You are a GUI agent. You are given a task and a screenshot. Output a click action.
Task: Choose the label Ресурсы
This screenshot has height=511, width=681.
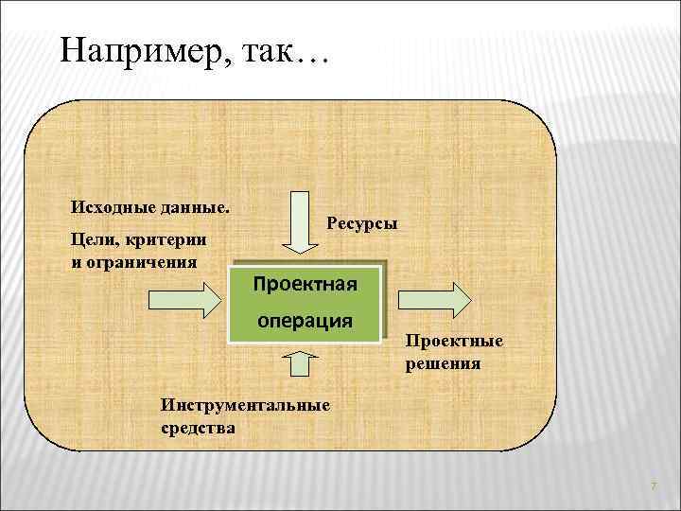point(362,223)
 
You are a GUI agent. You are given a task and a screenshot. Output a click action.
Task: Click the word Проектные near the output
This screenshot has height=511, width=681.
point(455,343)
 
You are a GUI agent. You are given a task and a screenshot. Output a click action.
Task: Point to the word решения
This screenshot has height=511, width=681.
point(444,362)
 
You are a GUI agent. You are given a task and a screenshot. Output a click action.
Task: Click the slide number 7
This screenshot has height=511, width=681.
point(653,486)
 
